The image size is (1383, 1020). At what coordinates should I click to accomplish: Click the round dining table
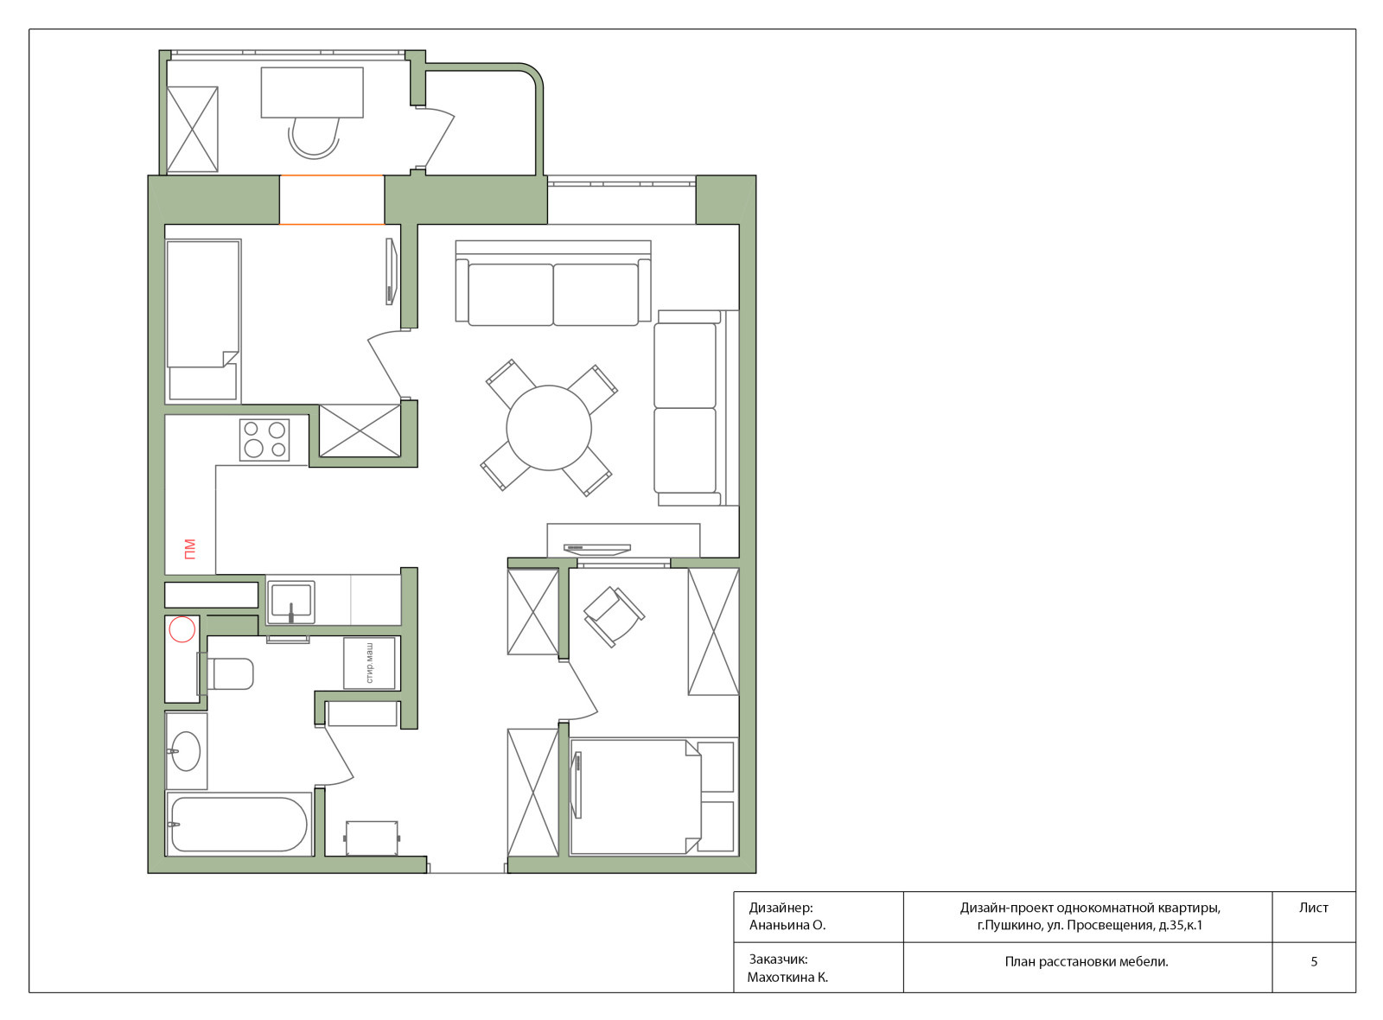tap(549, 428)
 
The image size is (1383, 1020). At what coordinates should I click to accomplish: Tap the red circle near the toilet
tap(182, 629)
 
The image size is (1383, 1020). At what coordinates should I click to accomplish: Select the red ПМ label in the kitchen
tap(190, 549)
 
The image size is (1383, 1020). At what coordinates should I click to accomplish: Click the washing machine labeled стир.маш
tap(369, 663)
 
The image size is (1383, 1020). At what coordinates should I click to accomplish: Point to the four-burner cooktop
tap(264, 439)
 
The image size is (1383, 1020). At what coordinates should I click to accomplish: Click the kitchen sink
tap(290, 602)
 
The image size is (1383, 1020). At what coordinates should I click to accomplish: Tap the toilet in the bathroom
tap(226, 673)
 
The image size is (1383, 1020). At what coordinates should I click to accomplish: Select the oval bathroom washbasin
tap(186, 751)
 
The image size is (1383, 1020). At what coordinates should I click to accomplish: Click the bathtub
tap(239, 825)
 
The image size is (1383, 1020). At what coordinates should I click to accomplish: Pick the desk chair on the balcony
tap(315, 138)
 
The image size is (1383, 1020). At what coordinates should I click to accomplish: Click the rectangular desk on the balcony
tap(312, 92)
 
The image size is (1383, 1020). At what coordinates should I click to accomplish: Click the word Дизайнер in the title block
tap(781, 908)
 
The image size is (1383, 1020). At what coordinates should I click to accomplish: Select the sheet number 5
tap(1314, 961)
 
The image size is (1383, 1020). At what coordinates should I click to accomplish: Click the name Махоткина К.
tap(787, 978)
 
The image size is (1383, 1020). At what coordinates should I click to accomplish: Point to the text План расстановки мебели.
tap(1087, 961)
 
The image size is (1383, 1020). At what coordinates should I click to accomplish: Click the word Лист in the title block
tap(1313, 908)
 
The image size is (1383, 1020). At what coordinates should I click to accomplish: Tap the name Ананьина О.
tap(787, 925)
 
